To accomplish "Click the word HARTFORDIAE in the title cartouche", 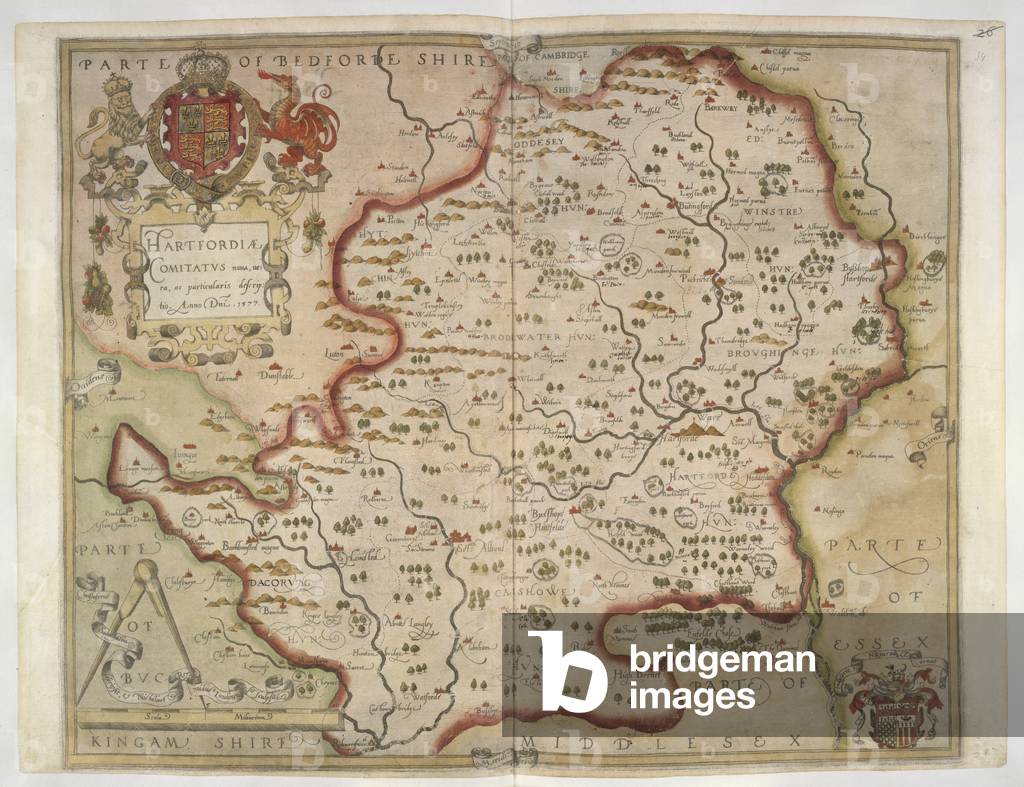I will tap(189, 242).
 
